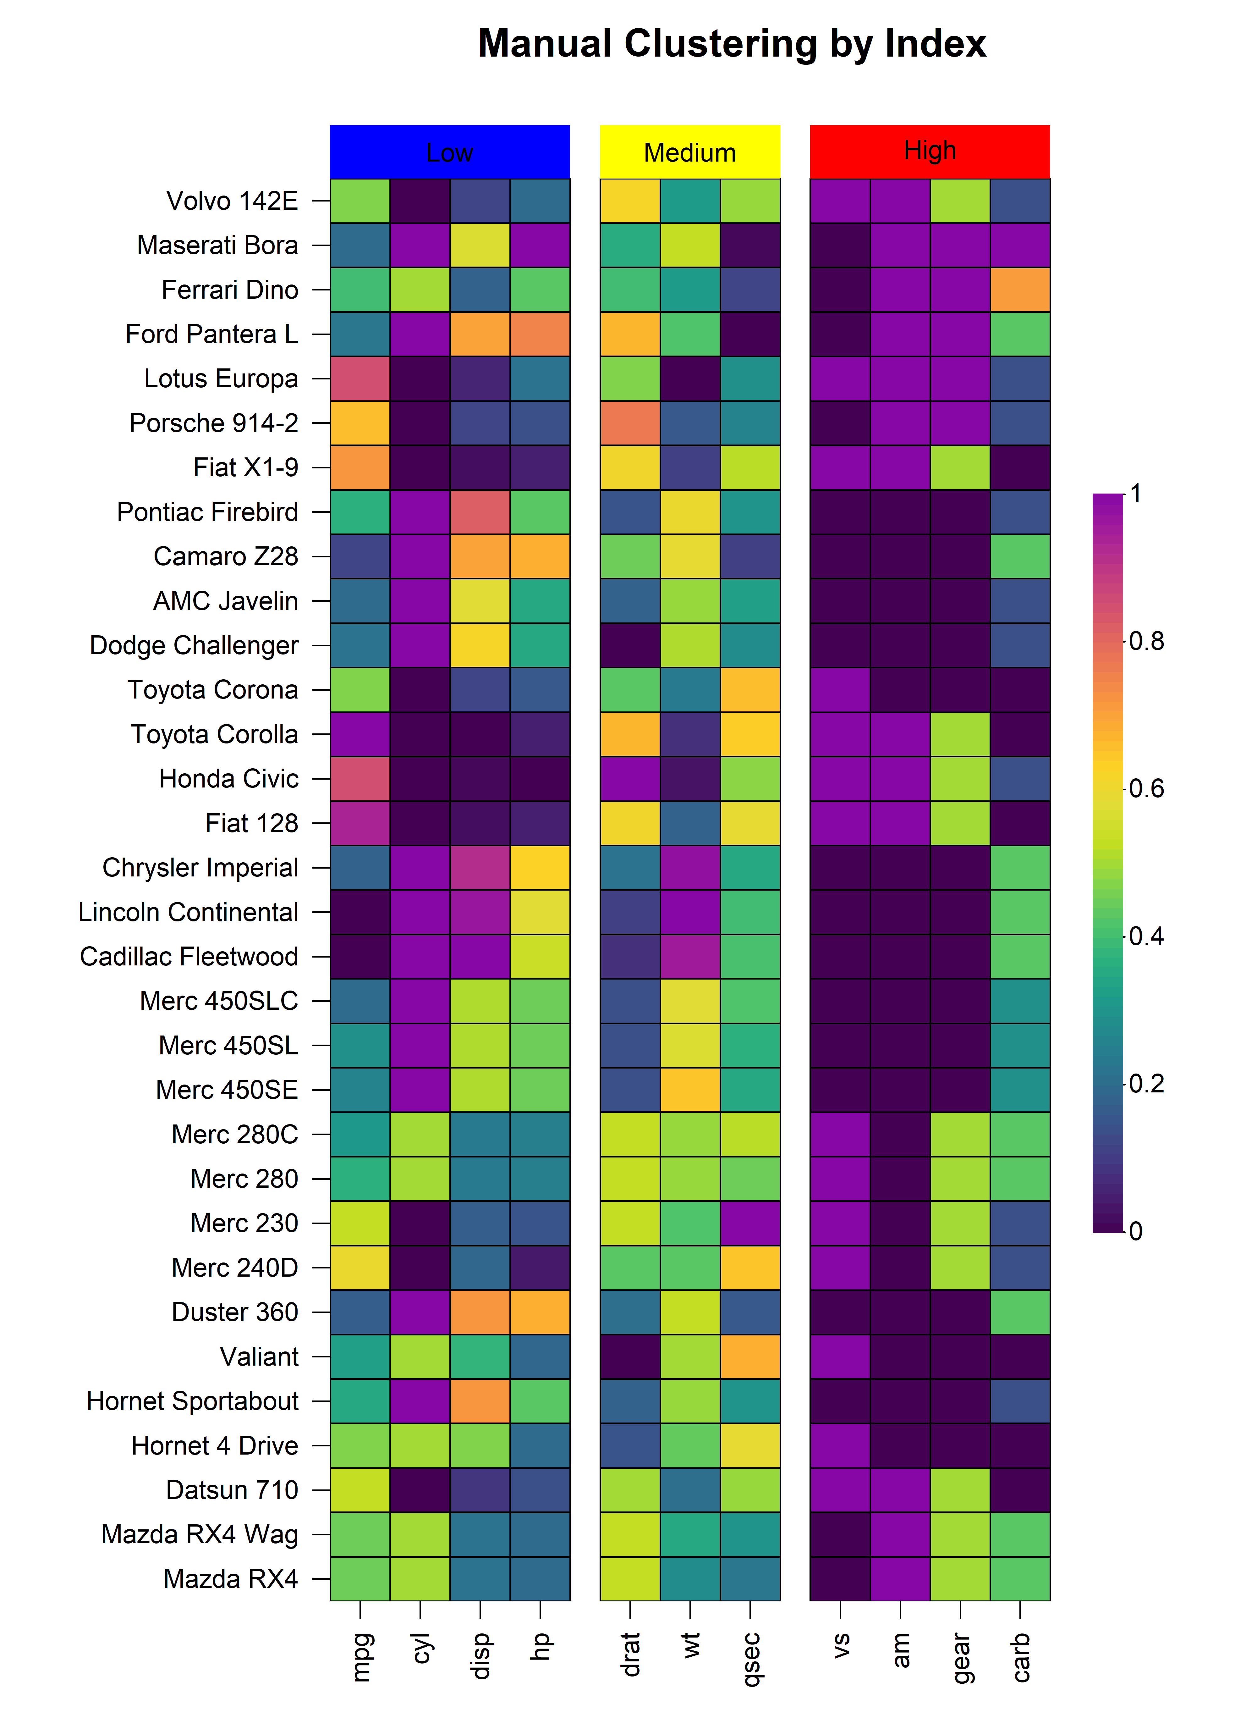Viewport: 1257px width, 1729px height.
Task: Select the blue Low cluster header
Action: coord(450,152)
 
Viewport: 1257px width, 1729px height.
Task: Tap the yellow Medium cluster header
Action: coord(690,152)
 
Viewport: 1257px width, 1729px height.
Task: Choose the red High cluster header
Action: coord(929,152)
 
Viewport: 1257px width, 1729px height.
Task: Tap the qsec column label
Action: coord(751,1658)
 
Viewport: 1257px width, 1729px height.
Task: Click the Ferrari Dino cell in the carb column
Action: coord(1020,290)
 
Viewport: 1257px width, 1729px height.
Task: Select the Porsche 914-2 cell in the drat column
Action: coord(630,423)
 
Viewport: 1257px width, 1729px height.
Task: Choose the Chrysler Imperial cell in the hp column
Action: coord(540,868)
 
